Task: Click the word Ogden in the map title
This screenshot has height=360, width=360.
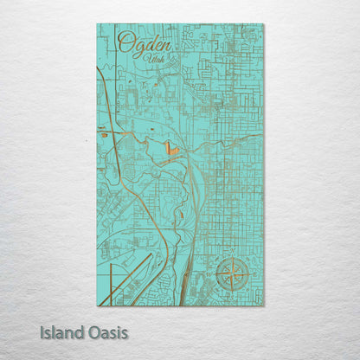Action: pyautogui.click(x=145, y=42)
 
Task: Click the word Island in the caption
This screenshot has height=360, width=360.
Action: pyautogui.click(x=64, y=331)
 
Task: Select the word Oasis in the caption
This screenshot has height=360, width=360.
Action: pyautogui.click(x=108, y=331)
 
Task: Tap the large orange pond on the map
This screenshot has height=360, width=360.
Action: pyautogui.click(x=170, y=150)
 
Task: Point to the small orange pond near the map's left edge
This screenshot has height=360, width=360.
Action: pyautogui.click(x=104, y=134)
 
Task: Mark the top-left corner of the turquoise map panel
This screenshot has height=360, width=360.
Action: pyautogui.click(x=97, y=23)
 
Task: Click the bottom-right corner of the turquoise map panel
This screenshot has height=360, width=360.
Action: pyautogui.click(x=263, y=305)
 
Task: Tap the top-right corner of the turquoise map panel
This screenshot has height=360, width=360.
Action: pyautogui.click(x=263, y=23)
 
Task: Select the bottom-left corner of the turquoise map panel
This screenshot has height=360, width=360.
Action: pyautogui.click(x=97, y=305)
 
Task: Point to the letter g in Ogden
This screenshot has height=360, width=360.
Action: pyautogui.click(x=138, y=45)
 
